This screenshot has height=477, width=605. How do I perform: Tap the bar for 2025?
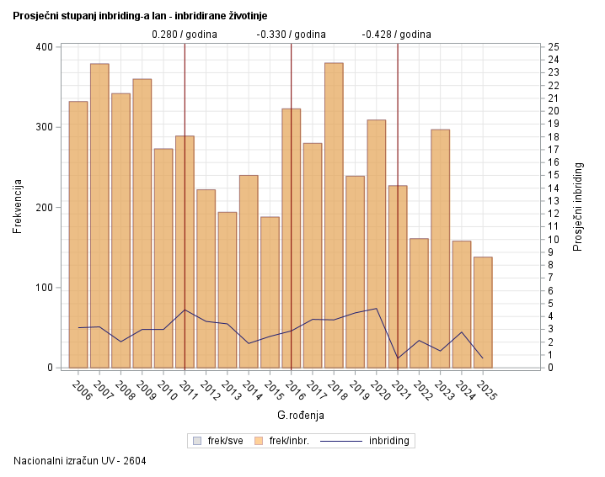pyautogui.click(x=483, y=312)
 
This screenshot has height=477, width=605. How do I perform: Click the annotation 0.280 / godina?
pyautogui.click(x=185, y=34)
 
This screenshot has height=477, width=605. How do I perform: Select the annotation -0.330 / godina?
pyautogui.click(x=291, y=34)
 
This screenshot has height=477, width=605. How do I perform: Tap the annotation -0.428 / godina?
pyautogui.click(x=397, y=34)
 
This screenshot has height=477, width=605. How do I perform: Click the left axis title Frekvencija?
pyautogui.click(x=18, y=206)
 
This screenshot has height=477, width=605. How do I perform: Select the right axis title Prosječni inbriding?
pyautogui.click(x=578, y=206)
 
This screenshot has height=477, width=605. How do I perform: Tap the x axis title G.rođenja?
pyautogui.click(x=301, y=416)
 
